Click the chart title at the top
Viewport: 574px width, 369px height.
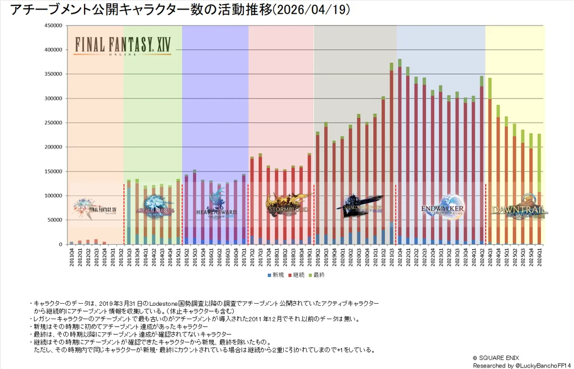(180, 10)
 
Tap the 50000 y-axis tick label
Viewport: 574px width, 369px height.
(54, 220)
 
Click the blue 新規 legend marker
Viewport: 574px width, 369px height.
(270, 275)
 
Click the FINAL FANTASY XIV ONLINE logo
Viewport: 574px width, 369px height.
(123, 45)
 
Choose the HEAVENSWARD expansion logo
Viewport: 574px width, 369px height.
(215, 204)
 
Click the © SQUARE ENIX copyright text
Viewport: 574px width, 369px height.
(496, 358)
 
